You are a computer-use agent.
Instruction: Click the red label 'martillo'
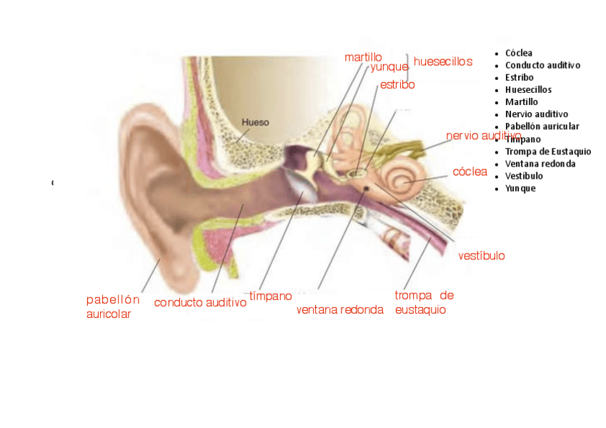click(363, 57)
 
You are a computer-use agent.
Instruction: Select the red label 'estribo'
click(397, 85)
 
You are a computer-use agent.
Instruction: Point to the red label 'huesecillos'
click(443, 62)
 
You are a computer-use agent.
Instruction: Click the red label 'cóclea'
click(470, 172)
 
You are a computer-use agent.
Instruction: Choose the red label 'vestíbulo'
click(481, 256)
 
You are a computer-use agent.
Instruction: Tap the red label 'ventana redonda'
click(339, 310)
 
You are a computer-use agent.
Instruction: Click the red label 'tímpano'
click(270, 296)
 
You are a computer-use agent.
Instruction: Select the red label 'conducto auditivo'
click(200, 303)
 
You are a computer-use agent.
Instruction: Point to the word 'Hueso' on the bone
click(255, 122)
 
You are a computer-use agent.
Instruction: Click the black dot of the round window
click(367, 187)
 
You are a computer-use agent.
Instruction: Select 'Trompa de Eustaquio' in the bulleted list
click(547, 151)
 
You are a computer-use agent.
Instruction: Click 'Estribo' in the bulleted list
click(519, 78)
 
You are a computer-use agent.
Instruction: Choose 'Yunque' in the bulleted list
click(520, 189)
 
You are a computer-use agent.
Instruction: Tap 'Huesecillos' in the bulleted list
click(527, 90)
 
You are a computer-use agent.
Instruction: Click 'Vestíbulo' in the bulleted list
click(524, 176)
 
